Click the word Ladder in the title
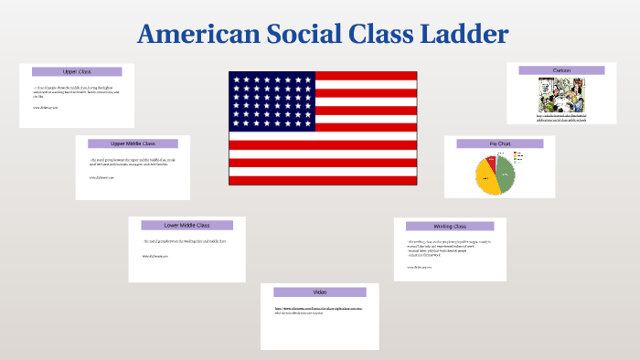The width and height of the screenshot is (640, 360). (x=462, y=35)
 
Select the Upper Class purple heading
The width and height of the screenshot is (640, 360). (x=77, y=71)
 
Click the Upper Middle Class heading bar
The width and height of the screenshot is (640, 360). (x=133, y=143)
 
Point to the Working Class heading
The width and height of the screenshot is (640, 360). (x=449, y=226)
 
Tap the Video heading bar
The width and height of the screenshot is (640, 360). (x=320, y=291)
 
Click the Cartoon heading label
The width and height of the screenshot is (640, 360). (x=561, y=70)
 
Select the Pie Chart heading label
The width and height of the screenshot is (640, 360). (x=499, y=143)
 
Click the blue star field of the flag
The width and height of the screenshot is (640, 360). (x=272, y=101)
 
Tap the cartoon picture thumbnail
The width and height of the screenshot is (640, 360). (x=561, y=94)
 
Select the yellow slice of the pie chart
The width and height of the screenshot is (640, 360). (x=488, y=178)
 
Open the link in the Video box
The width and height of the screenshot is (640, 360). (x=319, y=309)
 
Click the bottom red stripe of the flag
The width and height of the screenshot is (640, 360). (x=323, y=180)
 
